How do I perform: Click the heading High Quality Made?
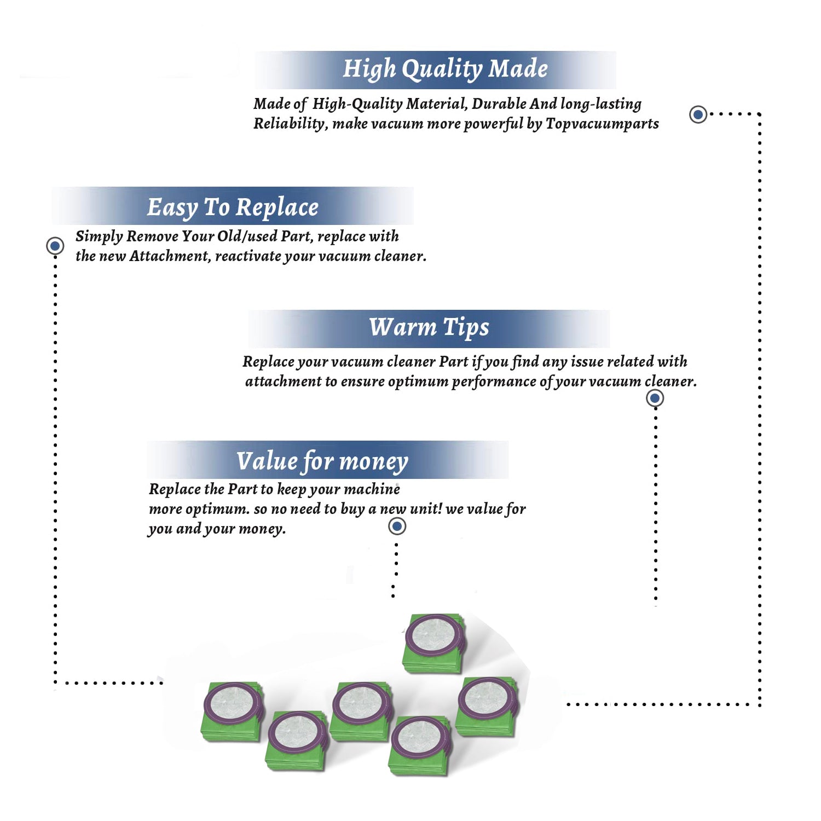point(445,70)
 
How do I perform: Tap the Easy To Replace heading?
point(233,208)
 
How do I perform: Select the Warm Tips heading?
point(429,328)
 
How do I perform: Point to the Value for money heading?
point(322,461)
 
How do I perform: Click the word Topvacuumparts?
point(602,124)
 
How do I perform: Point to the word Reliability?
point(291,124)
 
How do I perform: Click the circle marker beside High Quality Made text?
point(698,114)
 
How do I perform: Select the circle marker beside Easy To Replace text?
point(55,246)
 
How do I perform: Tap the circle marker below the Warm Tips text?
point(655,398)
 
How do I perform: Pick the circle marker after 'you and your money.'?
point(397,527)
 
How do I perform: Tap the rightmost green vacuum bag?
point(487,707)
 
